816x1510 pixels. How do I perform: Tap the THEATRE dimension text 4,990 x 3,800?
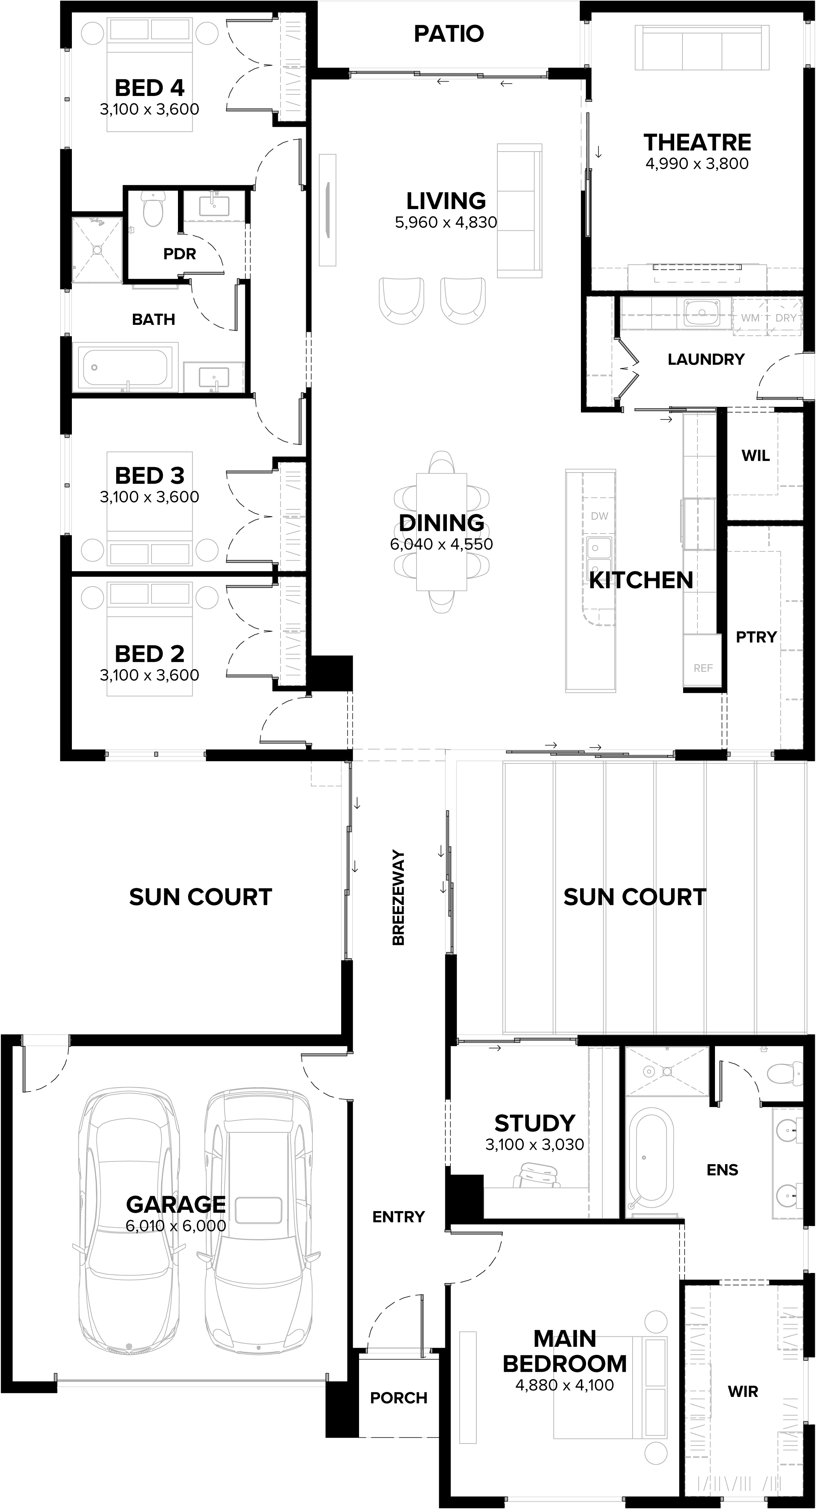[x=697, y=164]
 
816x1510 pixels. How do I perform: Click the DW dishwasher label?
[x=599, y=516]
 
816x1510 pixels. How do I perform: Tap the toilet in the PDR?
[x=153, y=209]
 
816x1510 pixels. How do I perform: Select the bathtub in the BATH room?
[x=125, y=368]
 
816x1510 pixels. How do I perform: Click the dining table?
[x=441, y=532]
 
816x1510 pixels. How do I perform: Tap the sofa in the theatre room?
[x=702, y=48]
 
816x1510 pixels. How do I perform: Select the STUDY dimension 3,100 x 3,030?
[x=535, y=1144]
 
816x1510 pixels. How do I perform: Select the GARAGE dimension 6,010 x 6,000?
[x=176, y=1226]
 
